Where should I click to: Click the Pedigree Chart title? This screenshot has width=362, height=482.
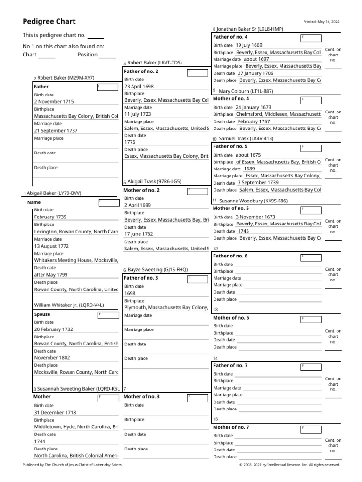49,22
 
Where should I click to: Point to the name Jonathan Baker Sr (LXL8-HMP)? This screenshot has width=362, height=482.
250,29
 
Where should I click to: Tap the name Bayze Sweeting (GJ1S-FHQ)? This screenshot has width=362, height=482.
157,270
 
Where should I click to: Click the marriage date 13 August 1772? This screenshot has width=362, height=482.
51,246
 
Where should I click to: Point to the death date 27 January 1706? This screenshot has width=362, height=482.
255,73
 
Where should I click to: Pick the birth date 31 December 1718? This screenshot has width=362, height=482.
55,412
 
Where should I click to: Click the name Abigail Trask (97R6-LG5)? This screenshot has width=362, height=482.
154,181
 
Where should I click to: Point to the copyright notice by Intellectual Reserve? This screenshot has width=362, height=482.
289,465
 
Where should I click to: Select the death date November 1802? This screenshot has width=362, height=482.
52,358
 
